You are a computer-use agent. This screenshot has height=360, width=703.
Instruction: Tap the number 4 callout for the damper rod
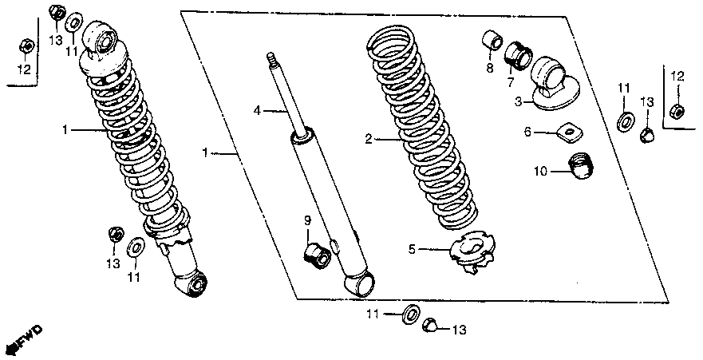click(x=257, y=109)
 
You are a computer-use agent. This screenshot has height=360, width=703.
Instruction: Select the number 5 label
click(x=413, y=249)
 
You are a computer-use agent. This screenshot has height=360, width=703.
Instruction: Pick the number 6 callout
click(x=527, y=132)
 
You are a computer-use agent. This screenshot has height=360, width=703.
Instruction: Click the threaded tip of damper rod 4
click(x=271, y=58)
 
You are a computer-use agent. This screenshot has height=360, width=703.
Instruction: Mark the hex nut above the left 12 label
click(x=25, y=46)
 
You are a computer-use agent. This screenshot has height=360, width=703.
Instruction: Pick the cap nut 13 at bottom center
click(x=429, y=324)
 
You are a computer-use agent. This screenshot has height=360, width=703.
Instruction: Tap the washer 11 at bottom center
click(x=411, y=314)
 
